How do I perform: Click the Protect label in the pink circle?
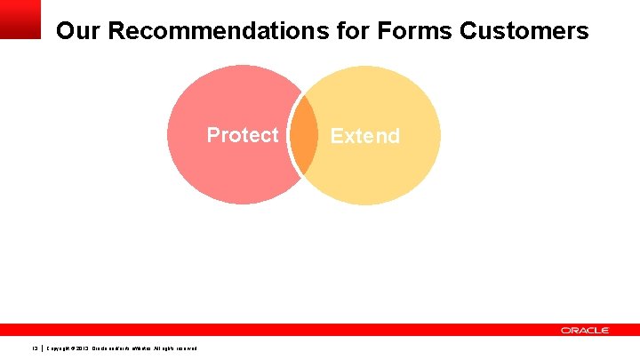pyautogui.click(x=243, y=135)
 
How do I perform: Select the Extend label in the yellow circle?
pyautogui.click(x=364, y=136)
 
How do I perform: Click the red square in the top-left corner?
pyautogui.click(x=20, y=19)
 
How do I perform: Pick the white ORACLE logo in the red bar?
pyautogui.click(x=585, y=330)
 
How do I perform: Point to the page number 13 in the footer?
pyautogui.click(x=35, y=348)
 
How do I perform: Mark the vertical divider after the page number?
pyautogui.click(x=42, y=348)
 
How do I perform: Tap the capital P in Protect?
pyautogui.click(x=213, y=135)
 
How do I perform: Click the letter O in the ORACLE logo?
pyautogui.click(x=565, y=330)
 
